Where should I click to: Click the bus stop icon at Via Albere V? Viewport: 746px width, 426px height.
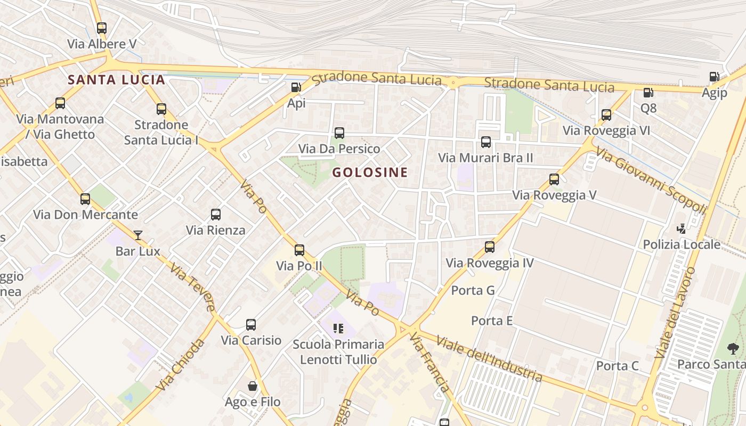(102, 28)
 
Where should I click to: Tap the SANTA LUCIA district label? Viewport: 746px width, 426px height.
(117, 80)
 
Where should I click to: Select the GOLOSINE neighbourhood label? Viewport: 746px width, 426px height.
(370, 172)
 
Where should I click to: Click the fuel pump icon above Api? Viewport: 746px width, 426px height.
(296, 87)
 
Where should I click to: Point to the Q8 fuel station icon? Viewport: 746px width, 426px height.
(648, 93)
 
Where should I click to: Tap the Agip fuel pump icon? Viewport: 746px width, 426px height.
(714, 77)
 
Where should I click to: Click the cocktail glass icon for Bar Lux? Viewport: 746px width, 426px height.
(138, 235)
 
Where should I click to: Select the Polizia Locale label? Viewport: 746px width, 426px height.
(682, 244)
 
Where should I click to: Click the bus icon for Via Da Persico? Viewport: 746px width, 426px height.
(339, 133)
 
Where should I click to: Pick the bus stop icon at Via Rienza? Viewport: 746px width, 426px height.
(216, 215)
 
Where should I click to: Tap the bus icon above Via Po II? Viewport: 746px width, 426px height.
(299, 250)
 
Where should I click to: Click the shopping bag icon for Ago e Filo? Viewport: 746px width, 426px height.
(253, 386)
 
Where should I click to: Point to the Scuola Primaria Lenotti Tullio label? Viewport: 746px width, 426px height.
(338, 351)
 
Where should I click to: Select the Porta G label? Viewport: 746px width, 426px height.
(473, 290)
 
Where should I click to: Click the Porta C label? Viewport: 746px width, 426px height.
(617, 366)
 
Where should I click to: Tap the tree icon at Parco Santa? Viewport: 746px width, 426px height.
(733, 349)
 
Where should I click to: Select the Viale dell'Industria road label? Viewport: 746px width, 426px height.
(489, 358)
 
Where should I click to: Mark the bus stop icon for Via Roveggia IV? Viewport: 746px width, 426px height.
(490, 247)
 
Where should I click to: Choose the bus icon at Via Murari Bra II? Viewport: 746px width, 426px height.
(486, 142)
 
